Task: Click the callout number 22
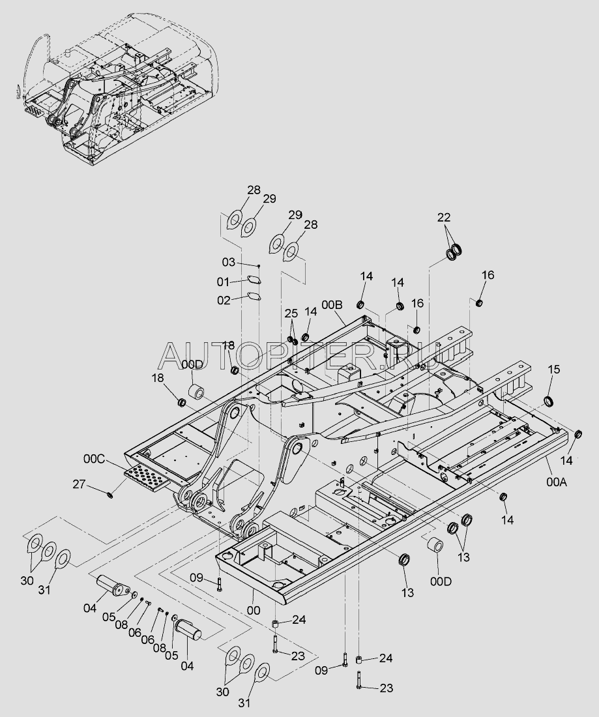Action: pos(443,217)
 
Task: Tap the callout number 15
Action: pos(554,369)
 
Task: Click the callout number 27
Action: pos(79,484)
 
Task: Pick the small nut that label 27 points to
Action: pos(110,495)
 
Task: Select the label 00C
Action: pos(94,458)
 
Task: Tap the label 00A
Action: pos(557,482)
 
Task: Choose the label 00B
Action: pos(332,304)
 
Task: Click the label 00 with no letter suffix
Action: pos(254,611)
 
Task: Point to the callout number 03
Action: pos(229,262)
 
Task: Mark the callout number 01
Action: pos(223,282)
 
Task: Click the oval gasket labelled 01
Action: pos(254,281)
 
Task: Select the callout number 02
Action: pos(224,300)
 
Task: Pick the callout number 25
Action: pos(291,314)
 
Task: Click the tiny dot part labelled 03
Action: pos(259,265)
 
